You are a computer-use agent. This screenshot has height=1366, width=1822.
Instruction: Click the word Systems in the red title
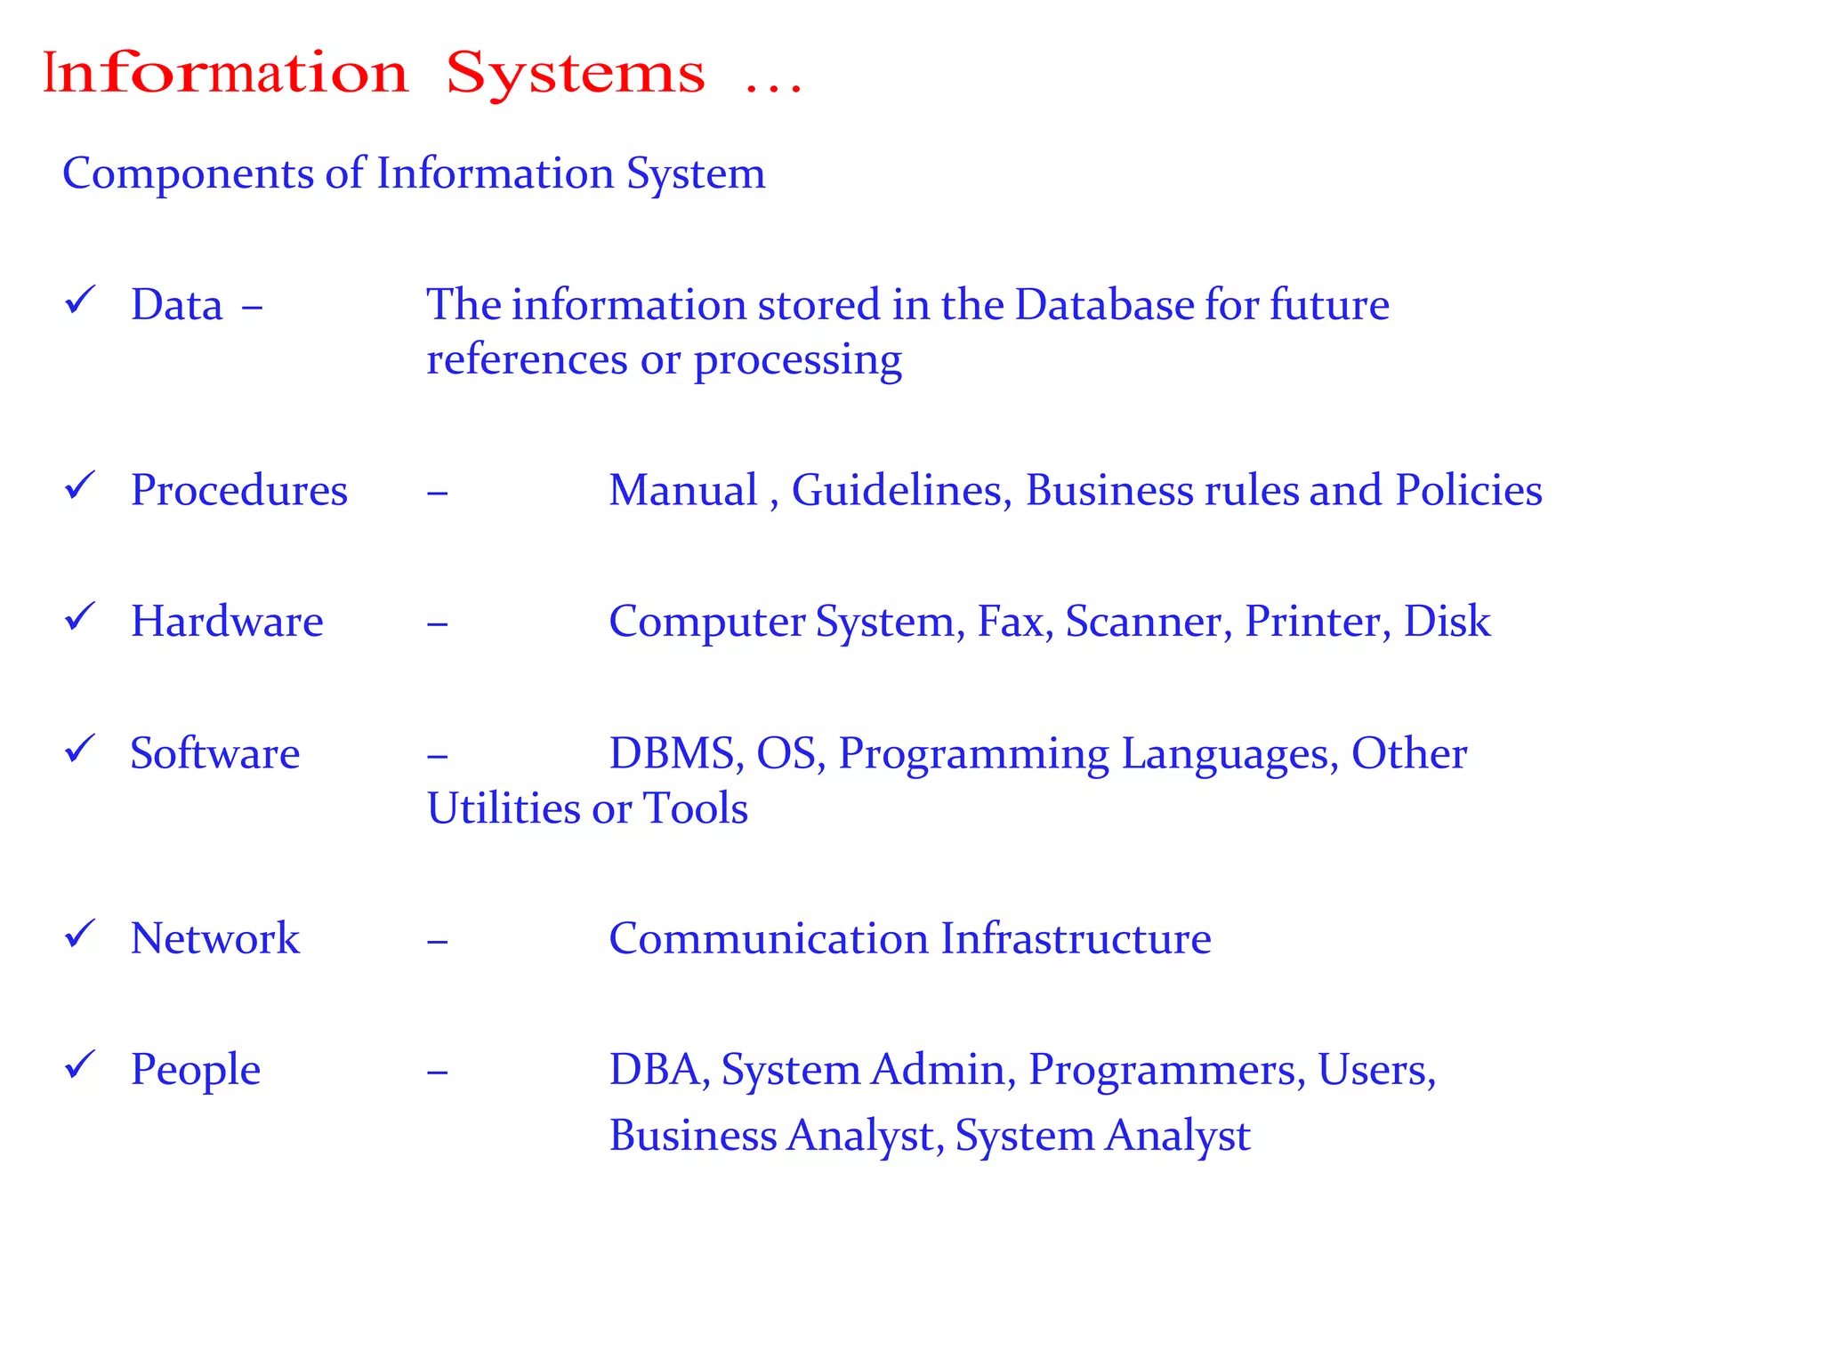576,75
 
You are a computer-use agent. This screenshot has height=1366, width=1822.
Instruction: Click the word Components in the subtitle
186,174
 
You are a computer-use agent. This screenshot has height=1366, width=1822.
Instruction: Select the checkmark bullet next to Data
80,301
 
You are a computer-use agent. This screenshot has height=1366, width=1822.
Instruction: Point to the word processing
797,361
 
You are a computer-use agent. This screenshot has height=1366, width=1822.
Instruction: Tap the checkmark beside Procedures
80,486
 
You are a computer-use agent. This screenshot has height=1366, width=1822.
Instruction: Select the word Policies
1468,491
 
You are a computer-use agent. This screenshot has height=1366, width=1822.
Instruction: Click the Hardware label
227,622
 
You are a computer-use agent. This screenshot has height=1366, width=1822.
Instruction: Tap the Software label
214,754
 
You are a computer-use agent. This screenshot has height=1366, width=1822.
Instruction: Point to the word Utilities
503,809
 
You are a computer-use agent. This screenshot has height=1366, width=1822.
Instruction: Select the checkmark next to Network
80,934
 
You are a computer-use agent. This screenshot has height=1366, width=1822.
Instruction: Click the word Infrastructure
1076,939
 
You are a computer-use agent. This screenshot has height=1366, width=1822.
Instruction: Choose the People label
195,1070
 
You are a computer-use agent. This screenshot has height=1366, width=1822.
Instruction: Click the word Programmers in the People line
1166,1070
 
